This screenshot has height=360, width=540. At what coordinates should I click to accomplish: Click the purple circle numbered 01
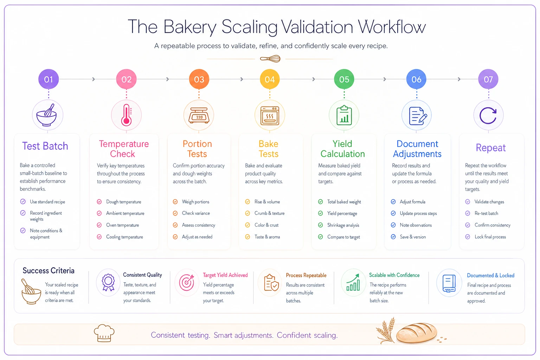[x=49, y=79]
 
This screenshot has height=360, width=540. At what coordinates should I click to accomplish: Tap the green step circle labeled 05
[x=344, y=79]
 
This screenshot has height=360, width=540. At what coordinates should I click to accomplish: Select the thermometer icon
[x=126, y=115]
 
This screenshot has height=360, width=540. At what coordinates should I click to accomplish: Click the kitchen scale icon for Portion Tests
[x=199, y=116]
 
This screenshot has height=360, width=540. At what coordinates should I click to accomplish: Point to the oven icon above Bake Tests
[x=270, y=116]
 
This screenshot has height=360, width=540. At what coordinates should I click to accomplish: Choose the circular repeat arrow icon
[x=488, y=116]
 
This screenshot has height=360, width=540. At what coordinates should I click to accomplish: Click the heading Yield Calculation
[x=342, y=149]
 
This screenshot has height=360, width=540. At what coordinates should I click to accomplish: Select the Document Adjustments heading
[x=417, y=149]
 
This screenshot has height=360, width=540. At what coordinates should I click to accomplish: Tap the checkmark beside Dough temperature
[x=99, y=201]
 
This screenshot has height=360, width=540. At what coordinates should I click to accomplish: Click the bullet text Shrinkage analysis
[x=343, y=225]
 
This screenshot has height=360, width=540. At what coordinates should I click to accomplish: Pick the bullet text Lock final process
[x=490, y=237]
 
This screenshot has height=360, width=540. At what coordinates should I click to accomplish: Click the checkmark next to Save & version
[x=393, y=237]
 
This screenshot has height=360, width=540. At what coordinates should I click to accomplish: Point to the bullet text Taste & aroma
[x=267, y=237]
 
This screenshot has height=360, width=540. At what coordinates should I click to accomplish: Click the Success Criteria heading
[x=49, y=271]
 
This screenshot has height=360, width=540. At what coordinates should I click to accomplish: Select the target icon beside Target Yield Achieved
[x=187, y=282]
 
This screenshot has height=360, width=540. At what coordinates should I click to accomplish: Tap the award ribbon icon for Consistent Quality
[x=108, y=282]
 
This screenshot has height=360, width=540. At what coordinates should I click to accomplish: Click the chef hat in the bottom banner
[x=104, y=333]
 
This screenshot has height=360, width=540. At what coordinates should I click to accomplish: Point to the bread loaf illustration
[x=416, y=333]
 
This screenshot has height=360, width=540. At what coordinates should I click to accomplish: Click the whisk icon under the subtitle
[x=270, y=59]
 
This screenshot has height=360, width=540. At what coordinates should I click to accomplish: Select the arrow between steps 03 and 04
[x=242, y=79]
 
